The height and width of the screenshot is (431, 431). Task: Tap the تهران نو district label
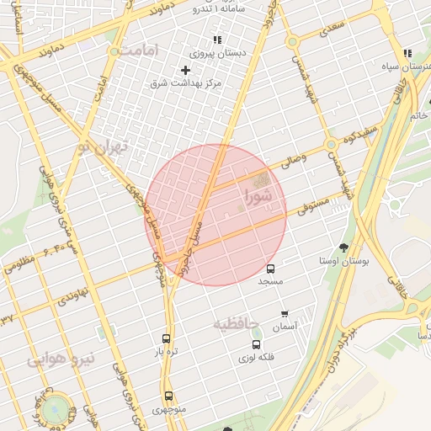coord(100,148)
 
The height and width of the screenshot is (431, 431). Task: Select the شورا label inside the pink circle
coord(258,197)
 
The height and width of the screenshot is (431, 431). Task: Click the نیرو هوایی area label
coord(62,360)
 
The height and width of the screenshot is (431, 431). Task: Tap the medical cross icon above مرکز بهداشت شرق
coord(185,70)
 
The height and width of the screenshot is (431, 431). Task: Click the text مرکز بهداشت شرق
coord(185,83)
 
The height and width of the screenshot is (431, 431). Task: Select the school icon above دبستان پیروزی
coord(217,40)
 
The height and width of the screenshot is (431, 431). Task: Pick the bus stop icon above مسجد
coord(270,268)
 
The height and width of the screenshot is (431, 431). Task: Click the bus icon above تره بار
coord(166,338)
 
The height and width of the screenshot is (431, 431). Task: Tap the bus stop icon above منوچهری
coord(168,396)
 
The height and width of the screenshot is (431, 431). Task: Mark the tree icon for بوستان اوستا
coord(343,248)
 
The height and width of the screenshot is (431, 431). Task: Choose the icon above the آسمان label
coord(285,313)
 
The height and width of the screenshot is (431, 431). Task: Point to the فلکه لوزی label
coord(258,357)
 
